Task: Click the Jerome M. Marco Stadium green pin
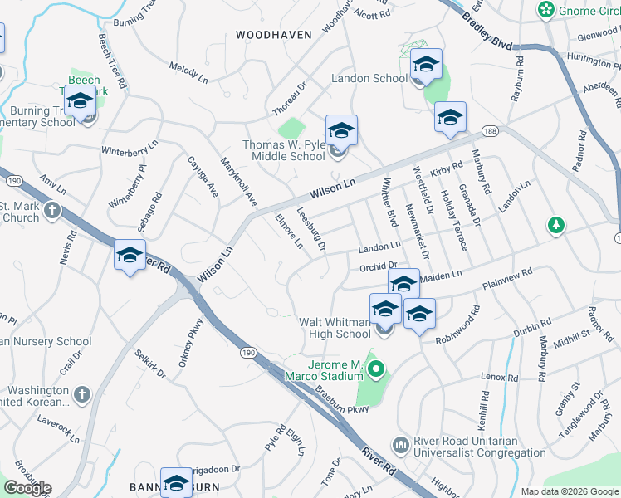(375, 369)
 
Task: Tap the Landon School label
(369, 79)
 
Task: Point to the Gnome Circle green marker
(546, 10)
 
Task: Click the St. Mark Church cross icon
(53, 209)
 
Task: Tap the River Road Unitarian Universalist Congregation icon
(401, 446)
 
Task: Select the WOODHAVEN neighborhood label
(273, 35)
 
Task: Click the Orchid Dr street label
(380, 267)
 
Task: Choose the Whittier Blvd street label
(388, 203)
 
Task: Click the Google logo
(27, 488)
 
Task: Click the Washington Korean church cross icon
(81, 394)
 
